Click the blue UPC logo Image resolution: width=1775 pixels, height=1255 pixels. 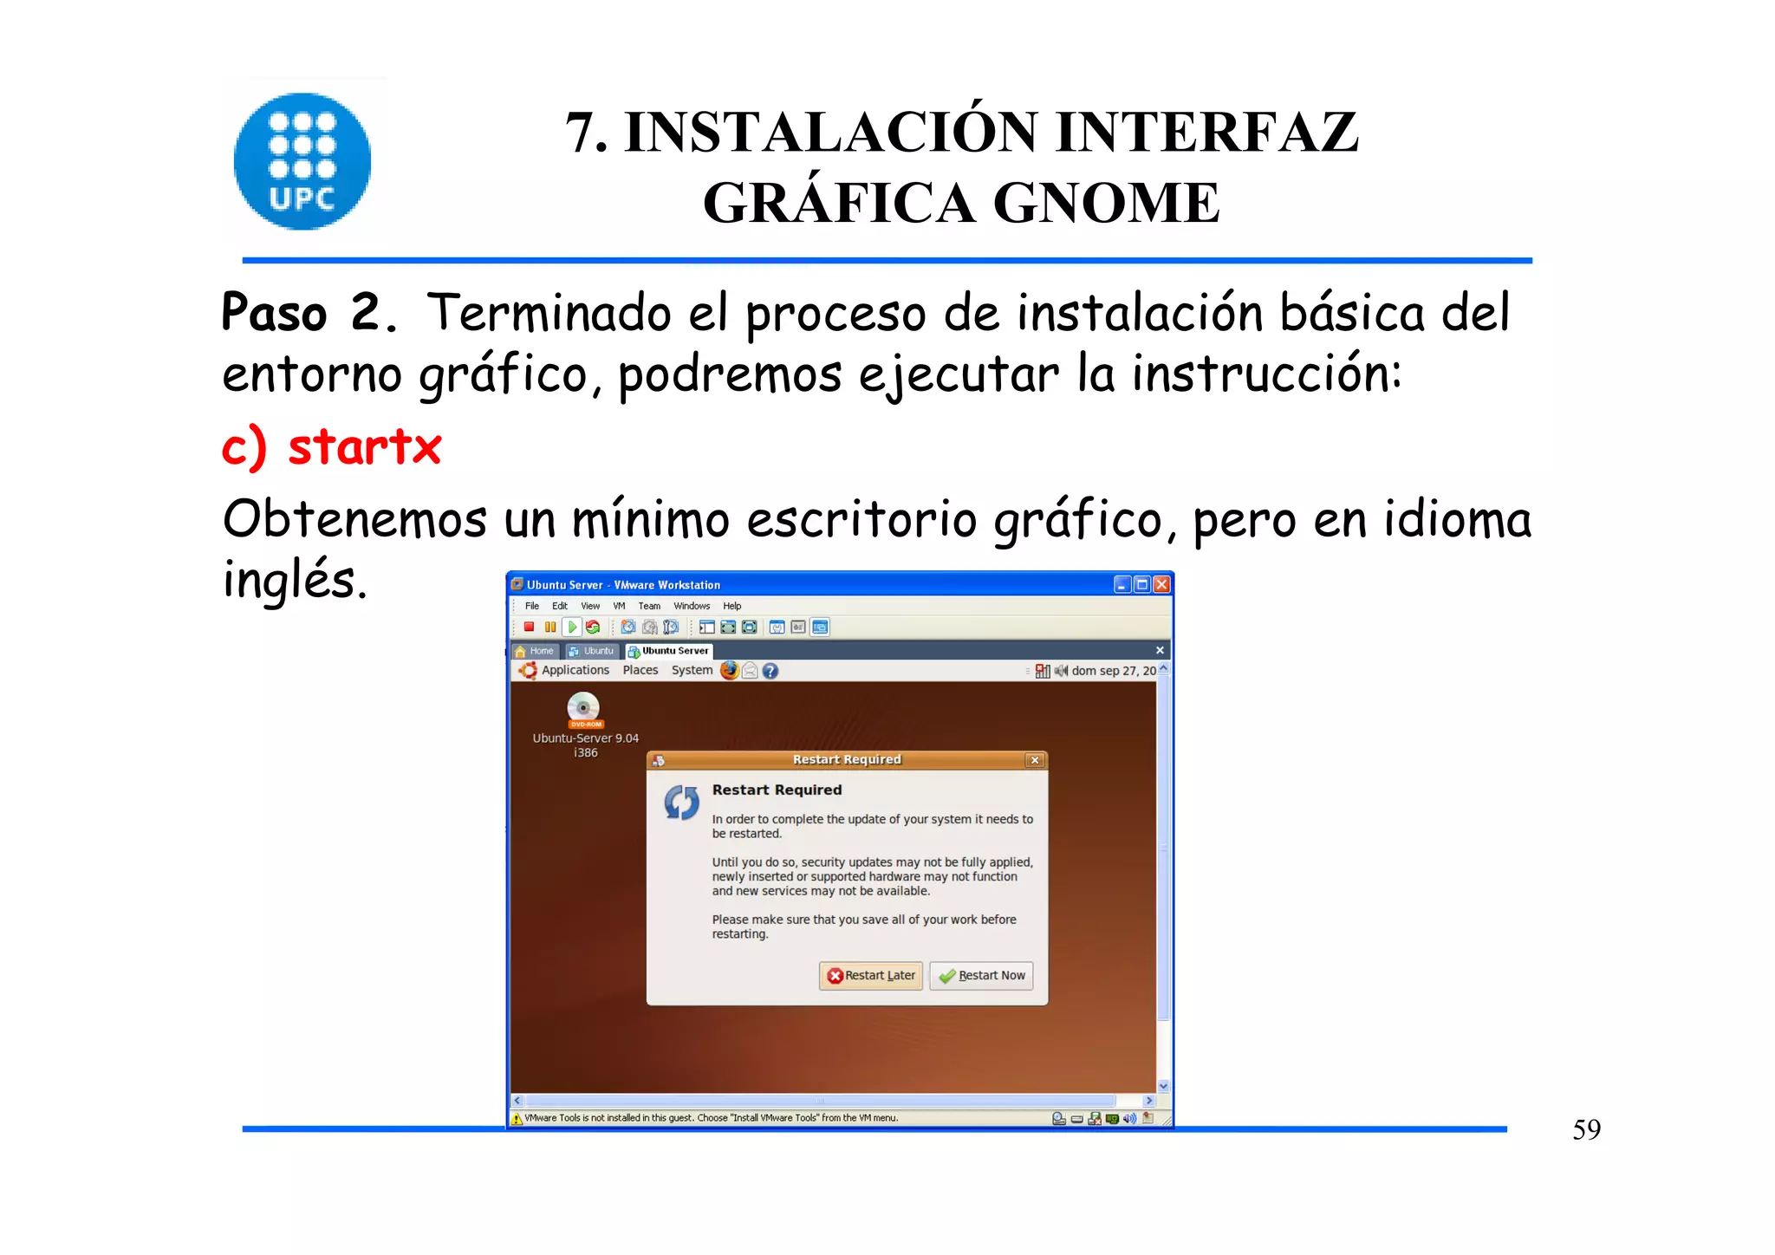[x=302, y=161]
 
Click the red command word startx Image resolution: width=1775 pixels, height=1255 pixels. [x=365, y=447]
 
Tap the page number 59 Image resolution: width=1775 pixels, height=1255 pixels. [x=1586, y=1129]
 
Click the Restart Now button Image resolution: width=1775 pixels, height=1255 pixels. [x=981, y=976]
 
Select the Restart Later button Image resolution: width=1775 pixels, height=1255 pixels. [x=870, y=976]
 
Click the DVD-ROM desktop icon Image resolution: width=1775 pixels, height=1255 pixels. [x=583, y=710]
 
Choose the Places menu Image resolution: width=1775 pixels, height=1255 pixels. [x=640, y=670]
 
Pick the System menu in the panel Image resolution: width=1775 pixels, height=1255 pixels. [x=692, y=670]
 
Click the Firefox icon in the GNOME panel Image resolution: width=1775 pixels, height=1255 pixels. [x=730, y=670]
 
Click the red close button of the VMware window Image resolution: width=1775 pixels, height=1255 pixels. [x=1161, y=585]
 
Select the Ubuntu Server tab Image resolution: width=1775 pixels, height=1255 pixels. [x=669, y=651]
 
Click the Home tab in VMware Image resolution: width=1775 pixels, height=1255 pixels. [x=535, y=651]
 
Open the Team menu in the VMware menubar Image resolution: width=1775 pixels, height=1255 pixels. [x=649, y=606]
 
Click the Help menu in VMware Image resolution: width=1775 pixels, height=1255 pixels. [x=731, y=606]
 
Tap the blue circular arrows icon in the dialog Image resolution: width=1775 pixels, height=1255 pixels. [x=681, y=803]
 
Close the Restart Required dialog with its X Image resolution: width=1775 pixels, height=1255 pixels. [x=1034, y=760]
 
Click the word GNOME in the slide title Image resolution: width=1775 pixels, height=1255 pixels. [x=1106, y=203]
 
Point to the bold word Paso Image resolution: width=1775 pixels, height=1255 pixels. [x=274, y=313]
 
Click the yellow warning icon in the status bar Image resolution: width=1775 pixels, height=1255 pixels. [x=517, y=1119]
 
